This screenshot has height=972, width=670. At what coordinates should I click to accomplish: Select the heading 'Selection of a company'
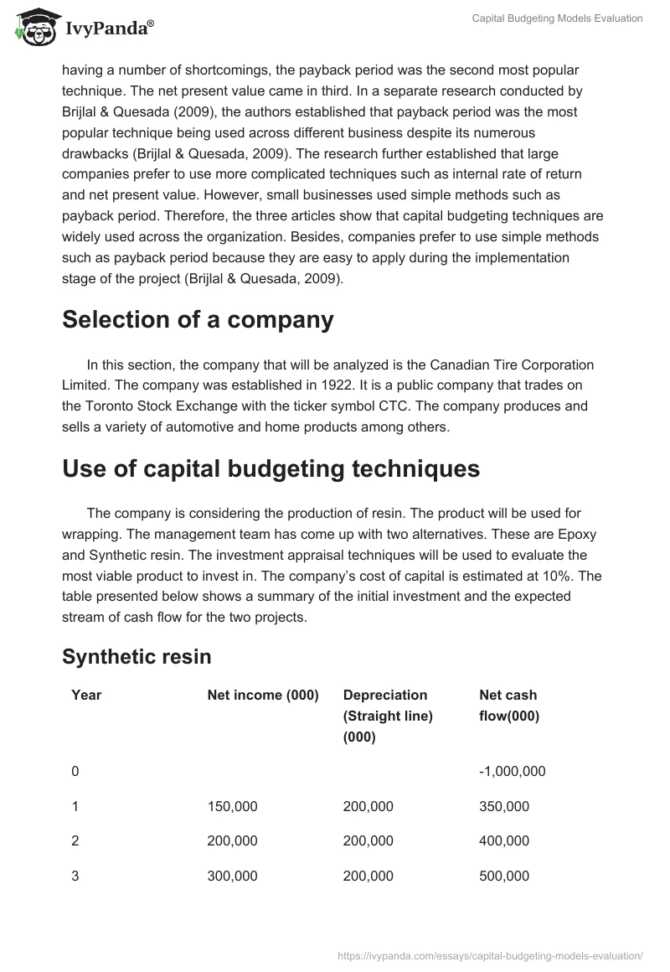198,319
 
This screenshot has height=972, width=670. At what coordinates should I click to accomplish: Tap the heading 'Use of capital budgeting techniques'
271,468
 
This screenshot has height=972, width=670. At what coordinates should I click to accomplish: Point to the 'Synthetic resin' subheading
137,657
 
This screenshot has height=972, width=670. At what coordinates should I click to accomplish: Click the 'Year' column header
86,695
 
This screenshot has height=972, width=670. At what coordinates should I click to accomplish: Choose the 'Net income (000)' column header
263,695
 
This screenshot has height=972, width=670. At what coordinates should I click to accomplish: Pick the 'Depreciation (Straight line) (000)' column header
388,716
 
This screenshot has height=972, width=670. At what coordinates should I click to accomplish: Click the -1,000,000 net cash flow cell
512,771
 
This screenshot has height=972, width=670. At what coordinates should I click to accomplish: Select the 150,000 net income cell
232,806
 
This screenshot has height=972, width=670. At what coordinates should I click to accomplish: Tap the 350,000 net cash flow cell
503,806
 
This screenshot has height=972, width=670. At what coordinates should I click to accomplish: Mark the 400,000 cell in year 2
503,840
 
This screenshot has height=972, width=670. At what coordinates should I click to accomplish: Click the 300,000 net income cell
232,876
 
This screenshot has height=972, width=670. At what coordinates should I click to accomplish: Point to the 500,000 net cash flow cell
503,876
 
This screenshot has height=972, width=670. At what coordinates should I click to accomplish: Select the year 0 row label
75,771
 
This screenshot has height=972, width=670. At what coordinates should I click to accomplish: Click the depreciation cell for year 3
368,876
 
